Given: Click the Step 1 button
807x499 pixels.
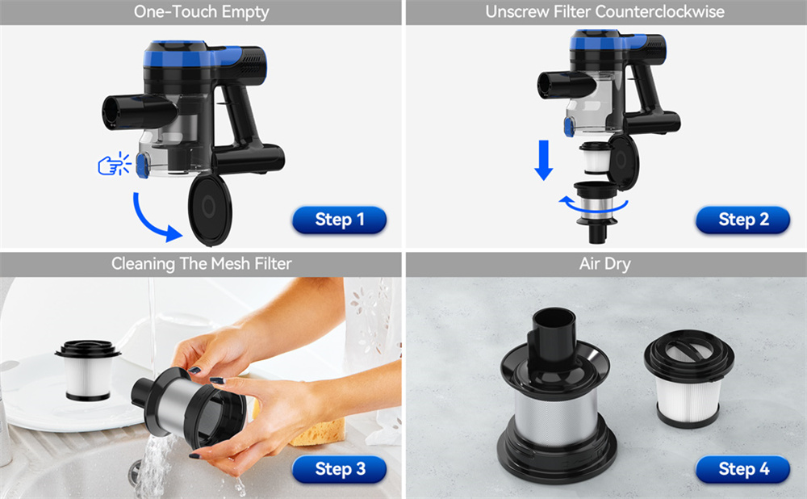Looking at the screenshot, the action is pyautogui.click(x=339, y=220).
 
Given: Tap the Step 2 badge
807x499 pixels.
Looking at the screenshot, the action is pyautogui.click(x=742, y=220).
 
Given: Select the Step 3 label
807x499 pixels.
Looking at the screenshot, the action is pyautogui.click(x=339, y=469).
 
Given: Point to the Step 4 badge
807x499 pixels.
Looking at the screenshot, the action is pyautogui.click(x=742, y=469).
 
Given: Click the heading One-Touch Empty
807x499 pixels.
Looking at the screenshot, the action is pyautogui.click(x=201, y=12).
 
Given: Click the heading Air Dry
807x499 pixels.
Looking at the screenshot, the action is pyautogui.click(x=604, y=264).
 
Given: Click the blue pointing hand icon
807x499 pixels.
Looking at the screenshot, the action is pyautogui.click(x=115, y=164).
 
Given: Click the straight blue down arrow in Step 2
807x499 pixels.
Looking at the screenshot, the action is pyautogui.click(x=543, y=160).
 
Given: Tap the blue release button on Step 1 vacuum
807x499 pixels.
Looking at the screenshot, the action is pyautogui.click(x=143, y=166).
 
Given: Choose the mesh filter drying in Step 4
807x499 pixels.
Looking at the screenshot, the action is pyautogui.click(x=556, y=396).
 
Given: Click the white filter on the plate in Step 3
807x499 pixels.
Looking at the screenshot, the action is pyautogui.click(x=88, y=371).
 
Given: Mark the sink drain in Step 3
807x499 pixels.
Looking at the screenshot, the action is pyautogui.click(x=136, y=472).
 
